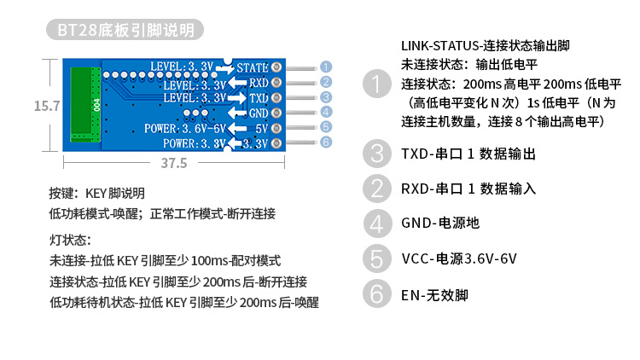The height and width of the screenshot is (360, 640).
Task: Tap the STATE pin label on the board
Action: (x=253, y=67)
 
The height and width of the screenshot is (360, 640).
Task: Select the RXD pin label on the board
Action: (x=259, y=83)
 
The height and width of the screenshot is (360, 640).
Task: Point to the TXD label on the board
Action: (x=259, y=98)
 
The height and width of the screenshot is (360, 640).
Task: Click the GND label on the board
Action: (x=259, y=113)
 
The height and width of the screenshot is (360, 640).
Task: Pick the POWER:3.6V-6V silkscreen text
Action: (x=184, y=128)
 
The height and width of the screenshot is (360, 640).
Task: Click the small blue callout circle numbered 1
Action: (x=326, y=67)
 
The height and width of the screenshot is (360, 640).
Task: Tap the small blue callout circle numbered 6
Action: (x=326, y=142)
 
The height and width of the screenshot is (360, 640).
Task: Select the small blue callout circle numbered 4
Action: (x=326, y=112)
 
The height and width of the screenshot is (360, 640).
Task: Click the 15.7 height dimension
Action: (x=46, y=106)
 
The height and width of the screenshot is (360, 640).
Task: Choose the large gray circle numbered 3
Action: (x=375, y=154)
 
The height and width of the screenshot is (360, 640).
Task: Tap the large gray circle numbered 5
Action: (x=375, y=258)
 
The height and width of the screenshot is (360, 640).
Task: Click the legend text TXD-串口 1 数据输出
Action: (x=468, y=154)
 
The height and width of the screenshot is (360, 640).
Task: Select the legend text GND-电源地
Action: (x=440, y=224)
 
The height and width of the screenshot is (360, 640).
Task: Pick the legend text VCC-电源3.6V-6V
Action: (x=459, y=258)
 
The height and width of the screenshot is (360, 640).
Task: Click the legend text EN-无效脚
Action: (x=434, y=295)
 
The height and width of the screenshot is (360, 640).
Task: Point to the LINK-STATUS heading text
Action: (x=482, y=45)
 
